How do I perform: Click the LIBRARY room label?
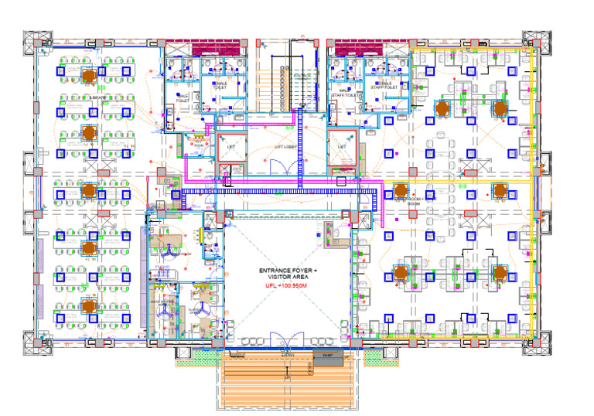(97, 99)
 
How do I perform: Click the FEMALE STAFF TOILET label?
(384, 86)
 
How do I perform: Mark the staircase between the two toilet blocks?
(287, 77)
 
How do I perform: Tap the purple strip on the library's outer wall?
(39, 274)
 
